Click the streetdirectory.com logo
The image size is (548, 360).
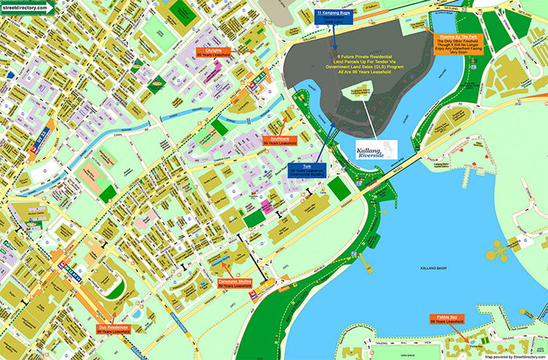(28, 7)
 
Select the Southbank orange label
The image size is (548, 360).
(279, 141)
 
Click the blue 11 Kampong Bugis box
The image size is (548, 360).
(334, 15)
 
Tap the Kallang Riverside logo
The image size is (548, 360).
(376, 149)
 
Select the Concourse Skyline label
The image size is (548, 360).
(234, 283)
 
